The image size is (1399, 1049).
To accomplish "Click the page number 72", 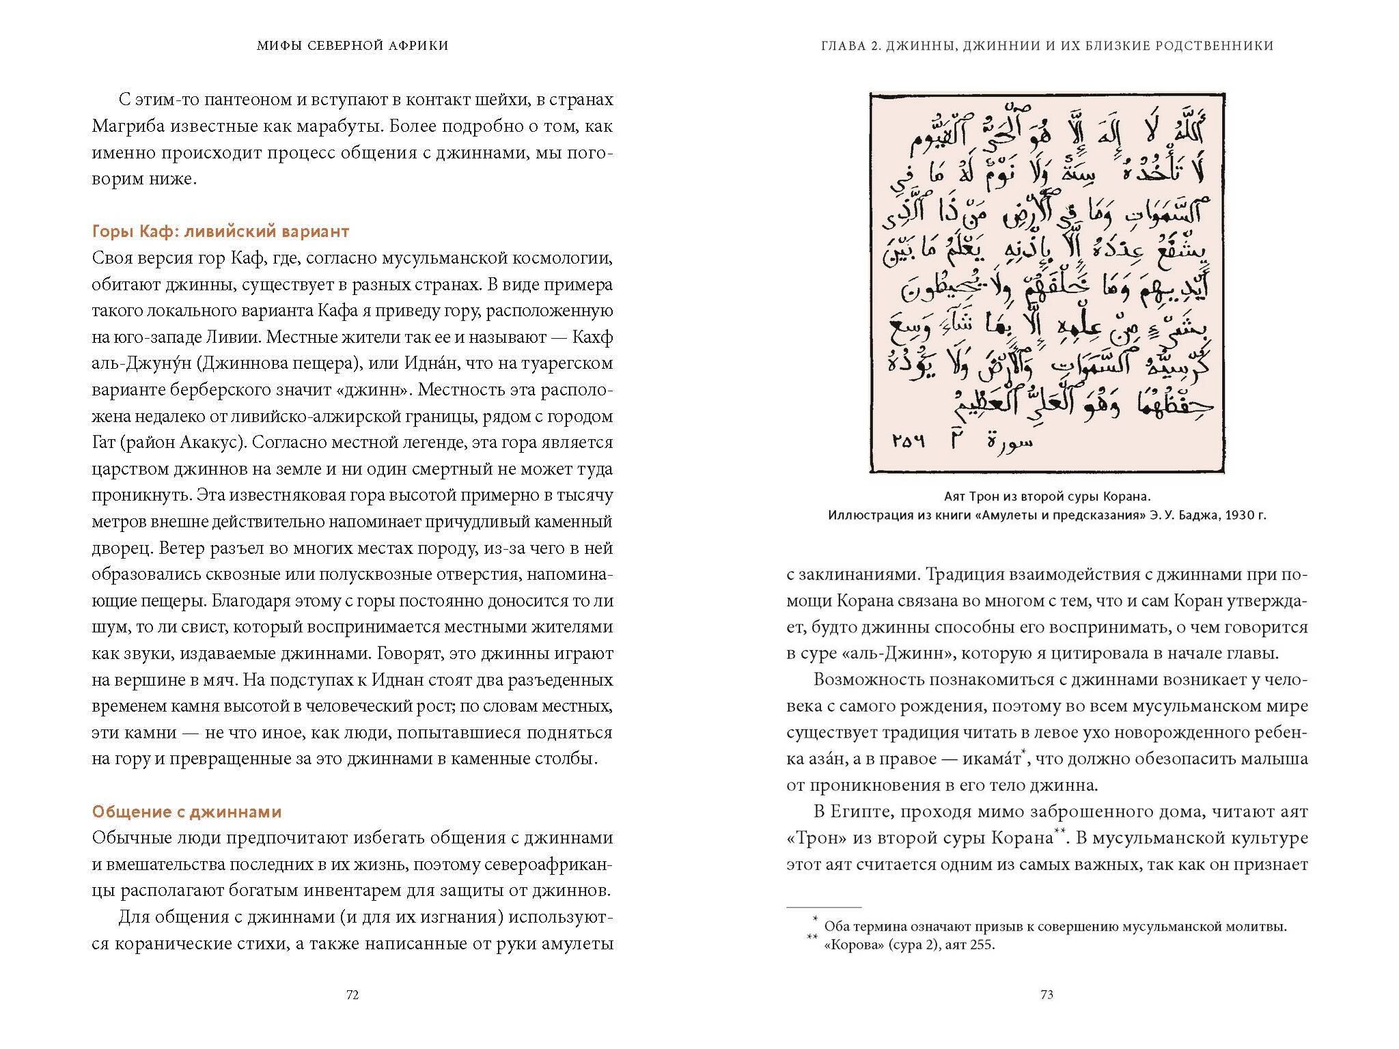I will (352, 994).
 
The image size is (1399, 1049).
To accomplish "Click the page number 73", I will (1047, 994).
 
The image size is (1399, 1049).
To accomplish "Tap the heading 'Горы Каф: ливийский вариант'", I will (221, 232).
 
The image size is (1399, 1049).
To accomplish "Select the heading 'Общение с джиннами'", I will (186, 812).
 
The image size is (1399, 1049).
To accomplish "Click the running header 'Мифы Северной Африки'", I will (352, 46).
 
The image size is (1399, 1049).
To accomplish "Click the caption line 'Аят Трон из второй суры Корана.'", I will (1047, 496).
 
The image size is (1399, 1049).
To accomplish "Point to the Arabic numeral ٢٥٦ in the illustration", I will (909, 442).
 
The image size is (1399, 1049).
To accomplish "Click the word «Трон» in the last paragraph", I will (814, 838).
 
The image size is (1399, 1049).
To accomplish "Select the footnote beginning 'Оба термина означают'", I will (1055, 927).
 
